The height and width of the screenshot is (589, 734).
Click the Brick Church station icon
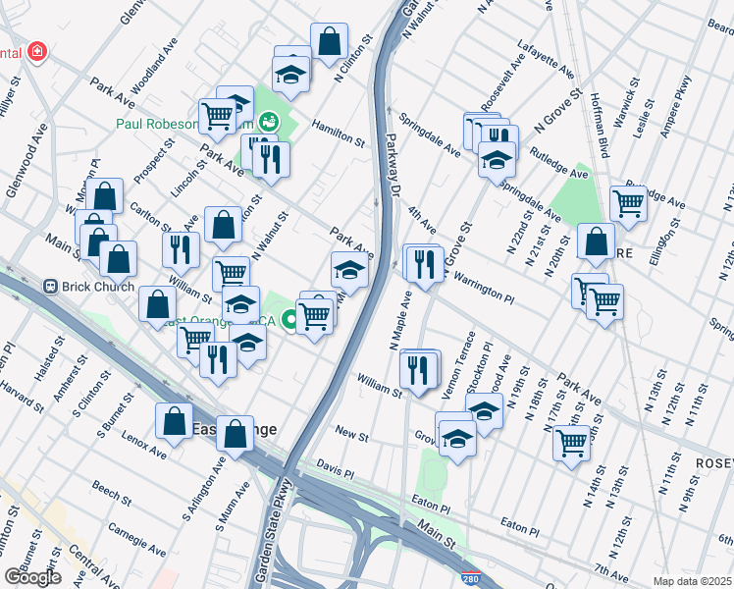click(x=52, y=287)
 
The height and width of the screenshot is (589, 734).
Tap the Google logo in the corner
click(x=32, y=576)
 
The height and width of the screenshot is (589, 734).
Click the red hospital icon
click(x=36, y=50)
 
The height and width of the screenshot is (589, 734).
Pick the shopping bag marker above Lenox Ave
click(x=174, y=421)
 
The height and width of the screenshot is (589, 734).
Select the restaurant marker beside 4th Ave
click(x=424, y=264)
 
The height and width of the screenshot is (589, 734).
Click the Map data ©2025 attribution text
click(x=692, y=581)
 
